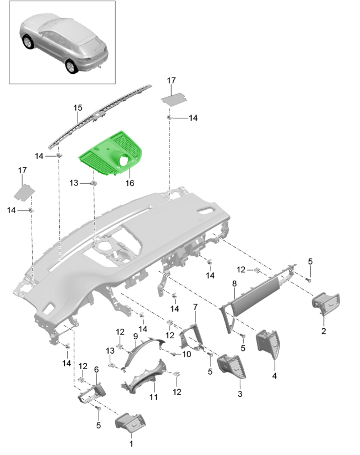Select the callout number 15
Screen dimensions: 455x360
coord(78,108)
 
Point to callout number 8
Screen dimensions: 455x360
coord(234,283)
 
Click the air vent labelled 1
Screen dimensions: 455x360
coord(131,423)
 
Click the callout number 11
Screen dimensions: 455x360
coord(153,396)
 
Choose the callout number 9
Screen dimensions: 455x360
coord(135,336)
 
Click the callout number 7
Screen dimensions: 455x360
coord(195,307)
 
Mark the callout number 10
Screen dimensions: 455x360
coord(187,354)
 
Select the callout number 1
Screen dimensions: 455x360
coord(131,443)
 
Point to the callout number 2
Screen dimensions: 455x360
coord(323,332)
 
